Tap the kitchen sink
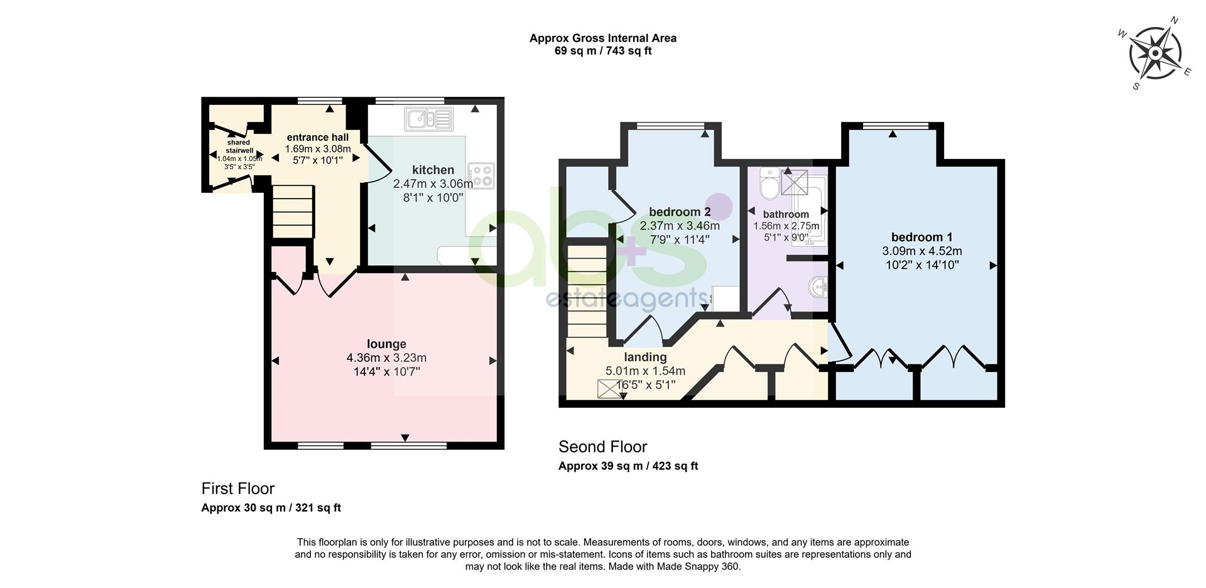coord(429,119)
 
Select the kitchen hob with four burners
coord(482,175)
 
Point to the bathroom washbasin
coord(819,288)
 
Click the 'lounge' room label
coord(386,344)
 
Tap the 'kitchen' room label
coord(433,170)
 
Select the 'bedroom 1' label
coord(921,237)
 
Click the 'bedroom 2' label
coord(680,211)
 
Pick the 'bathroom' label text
coord(786,214)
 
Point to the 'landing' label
coord(645,357)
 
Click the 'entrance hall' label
coord(318,137)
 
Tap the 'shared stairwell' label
coord(239,146)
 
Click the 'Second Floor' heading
coord(603,447)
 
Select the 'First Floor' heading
coord(238,488)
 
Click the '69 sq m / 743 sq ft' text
coord(603,51)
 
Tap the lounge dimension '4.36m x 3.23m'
coord(386,357)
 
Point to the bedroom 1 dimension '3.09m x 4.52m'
coord(921,251)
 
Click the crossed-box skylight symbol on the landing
coord(608,389)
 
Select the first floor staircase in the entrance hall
coord(293,211)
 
